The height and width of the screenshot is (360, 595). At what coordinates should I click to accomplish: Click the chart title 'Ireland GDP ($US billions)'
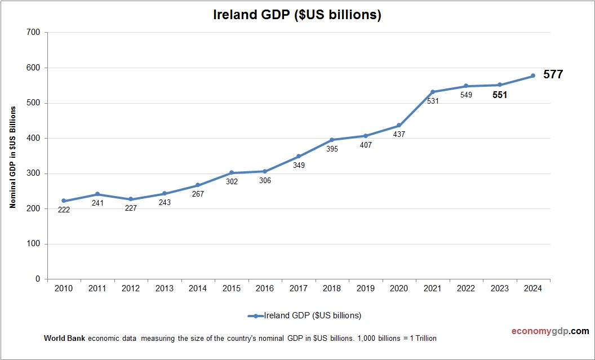297,15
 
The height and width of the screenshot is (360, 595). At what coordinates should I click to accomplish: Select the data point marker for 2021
433,92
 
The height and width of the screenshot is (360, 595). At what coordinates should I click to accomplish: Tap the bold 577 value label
553,74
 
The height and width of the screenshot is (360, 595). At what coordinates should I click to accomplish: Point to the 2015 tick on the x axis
232,288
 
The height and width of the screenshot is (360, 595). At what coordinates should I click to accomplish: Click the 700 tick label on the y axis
33,33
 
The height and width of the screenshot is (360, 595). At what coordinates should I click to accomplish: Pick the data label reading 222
64,210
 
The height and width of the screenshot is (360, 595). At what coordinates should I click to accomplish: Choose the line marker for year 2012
131,199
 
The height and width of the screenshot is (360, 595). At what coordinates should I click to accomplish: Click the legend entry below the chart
304,315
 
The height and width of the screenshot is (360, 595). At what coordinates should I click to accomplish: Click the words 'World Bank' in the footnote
63,339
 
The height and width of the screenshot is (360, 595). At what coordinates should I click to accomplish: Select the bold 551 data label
499,95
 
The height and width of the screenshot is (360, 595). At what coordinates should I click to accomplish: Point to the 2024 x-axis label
533,288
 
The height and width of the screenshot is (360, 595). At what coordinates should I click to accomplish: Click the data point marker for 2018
332,140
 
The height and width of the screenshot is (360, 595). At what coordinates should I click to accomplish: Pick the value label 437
399,135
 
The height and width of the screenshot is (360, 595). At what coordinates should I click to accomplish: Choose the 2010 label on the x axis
64,288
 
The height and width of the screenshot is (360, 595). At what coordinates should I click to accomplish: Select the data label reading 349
299,165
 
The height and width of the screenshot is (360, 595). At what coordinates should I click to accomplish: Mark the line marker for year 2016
265,171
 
